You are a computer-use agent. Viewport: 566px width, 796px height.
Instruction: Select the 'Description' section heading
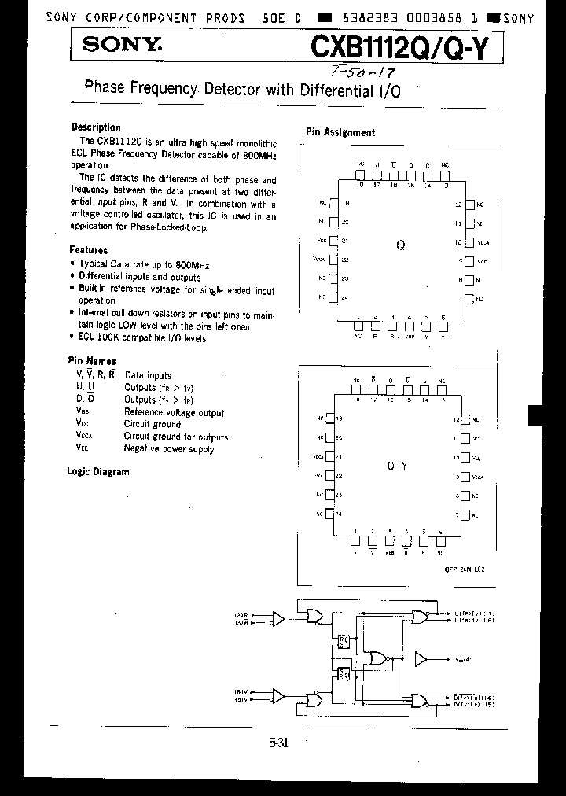tap(96, 127)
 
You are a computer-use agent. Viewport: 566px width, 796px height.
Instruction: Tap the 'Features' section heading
tap(89, 250)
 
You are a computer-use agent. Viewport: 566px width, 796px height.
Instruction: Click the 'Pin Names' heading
tap(91, 362)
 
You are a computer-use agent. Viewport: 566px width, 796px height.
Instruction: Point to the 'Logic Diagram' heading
tap(98, 472)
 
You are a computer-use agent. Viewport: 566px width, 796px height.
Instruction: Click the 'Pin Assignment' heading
tap(340, 133)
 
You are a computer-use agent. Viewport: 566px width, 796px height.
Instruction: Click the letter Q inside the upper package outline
tap(400, 245)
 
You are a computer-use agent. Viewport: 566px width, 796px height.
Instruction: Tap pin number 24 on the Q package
tap(345, 297)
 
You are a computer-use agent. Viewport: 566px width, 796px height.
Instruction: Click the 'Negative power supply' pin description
tap(169, 449)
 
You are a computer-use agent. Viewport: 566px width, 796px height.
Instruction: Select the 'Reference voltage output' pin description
tap(174, 412)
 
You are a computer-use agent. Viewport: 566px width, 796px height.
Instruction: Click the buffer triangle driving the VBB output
tap(422, 658)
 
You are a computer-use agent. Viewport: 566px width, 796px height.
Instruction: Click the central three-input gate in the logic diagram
tap(377, 658)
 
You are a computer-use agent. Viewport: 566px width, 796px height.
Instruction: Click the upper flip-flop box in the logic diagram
tap(344, 642)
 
